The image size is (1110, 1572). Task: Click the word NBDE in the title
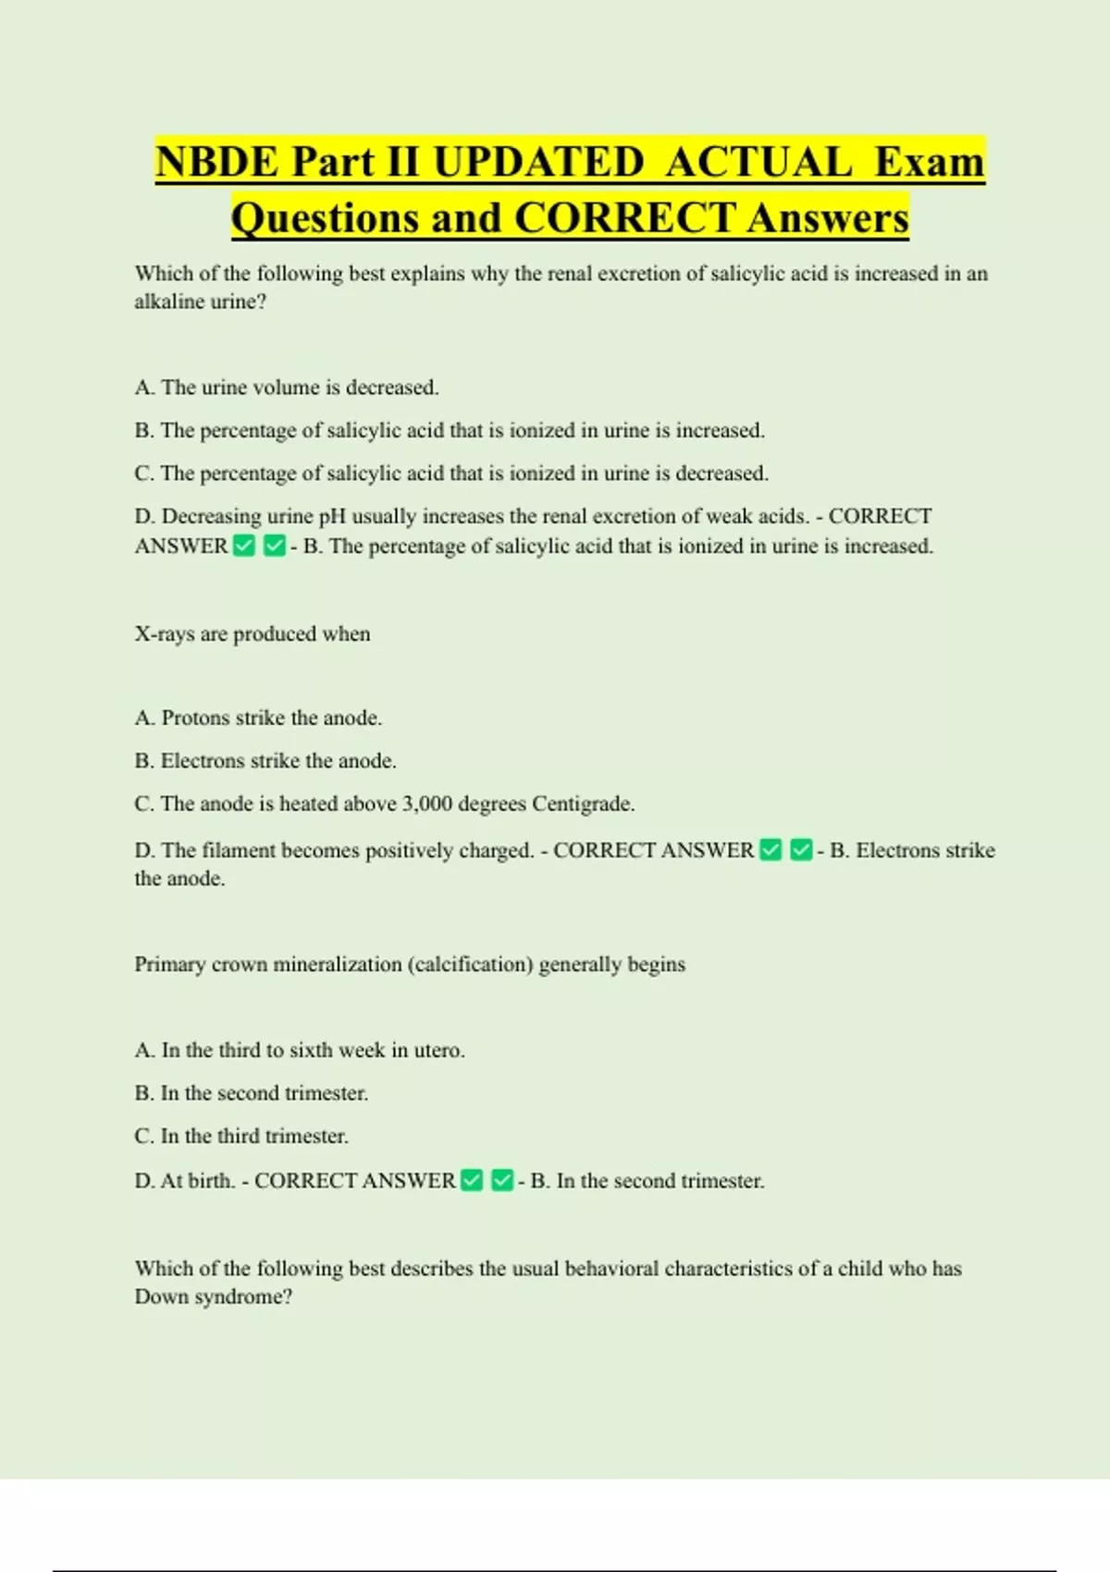click(x=216, y=162)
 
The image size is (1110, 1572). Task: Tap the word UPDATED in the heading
click(x=538, y=162)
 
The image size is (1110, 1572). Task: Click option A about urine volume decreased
click(x=287, y=387)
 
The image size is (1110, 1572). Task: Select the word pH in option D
click(x=332, y=516)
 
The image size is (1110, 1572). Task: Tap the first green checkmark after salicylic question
click(x=244, y=547)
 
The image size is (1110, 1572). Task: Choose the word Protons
click(x=194, y=718)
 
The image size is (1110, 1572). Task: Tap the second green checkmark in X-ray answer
click(x=801, y=850)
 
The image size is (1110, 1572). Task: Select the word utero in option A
click(x=438, y=1050)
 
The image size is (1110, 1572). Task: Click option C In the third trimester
click(x=241, y=1136)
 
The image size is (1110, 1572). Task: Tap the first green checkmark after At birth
click(x=472, y=1181)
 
